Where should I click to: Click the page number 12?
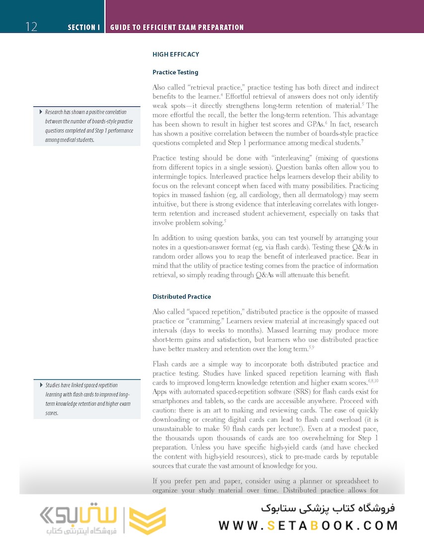(31, 26)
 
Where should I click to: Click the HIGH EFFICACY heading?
(175, 54)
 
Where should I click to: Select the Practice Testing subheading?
(175, 72)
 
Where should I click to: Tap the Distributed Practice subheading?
(181, 296)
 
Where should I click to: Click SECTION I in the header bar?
(84, 27)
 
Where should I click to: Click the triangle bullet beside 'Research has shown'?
(40, 112)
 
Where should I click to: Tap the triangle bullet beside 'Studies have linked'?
(40, 385)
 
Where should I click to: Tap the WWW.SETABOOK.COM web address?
(308, 526)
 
